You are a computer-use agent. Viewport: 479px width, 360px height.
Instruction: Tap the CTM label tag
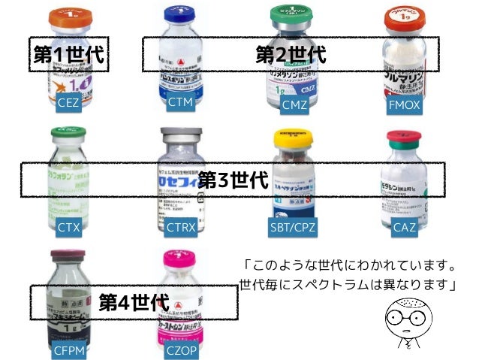(x=180, y=102)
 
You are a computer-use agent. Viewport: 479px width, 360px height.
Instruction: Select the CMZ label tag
(x=294, y=104)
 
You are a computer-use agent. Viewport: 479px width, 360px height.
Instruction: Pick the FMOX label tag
(x=404, y=104)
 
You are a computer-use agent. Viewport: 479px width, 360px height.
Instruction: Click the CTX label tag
(x=68, y=225)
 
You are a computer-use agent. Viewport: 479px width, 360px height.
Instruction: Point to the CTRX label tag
(x=180, y=226)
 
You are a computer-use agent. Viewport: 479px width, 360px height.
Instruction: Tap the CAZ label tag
(x=404, y=226)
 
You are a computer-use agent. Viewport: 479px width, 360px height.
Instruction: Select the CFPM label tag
(x=68, y=349)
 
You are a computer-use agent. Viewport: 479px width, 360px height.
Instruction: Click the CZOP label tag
(x=180, y=349)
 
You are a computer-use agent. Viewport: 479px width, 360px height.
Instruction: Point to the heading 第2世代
(x=291, y=53)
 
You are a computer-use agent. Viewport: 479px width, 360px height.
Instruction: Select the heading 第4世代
(x=133, y=302)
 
